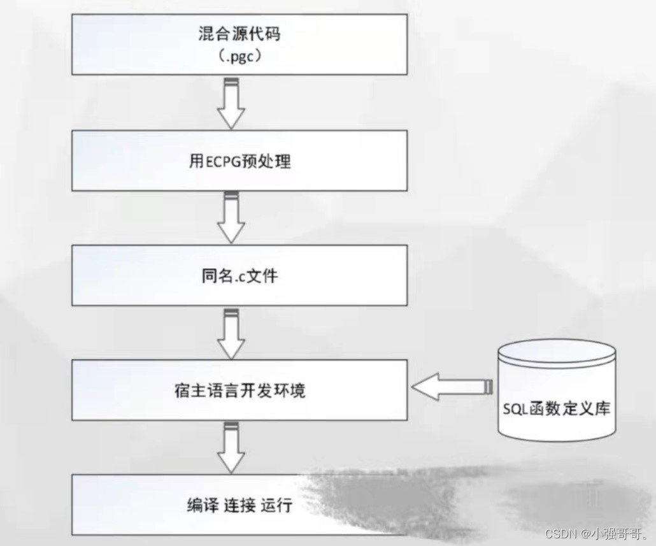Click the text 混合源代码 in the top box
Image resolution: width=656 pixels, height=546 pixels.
239,33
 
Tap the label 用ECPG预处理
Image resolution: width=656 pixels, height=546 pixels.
239,161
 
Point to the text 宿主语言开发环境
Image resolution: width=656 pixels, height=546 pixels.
239,389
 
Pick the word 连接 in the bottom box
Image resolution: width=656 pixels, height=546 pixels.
240,505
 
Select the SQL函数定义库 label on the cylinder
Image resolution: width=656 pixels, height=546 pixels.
556,408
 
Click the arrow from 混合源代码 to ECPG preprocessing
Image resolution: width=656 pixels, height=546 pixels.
231,103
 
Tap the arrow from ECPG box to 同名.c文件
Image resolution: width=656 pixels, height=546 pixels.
231,217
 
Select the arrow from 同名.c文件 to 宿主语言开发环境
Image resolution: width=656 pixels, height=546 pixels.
231,333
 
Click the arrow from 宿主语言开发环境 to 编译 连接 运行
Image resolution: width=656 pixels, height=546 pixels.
231,447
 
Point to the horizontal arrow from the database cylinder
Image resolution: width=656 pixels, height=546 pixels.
452,387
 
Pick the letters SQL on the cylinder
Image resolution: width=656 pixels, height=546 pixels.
514,408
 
